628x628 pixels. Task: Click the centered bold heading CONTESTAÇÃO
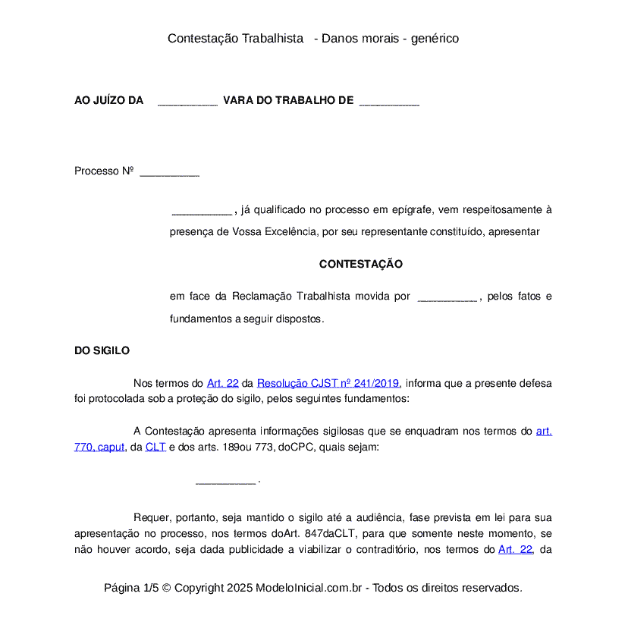click(x=360, y=265)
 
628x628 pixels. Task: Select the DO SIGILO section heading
click(x=102, y=351)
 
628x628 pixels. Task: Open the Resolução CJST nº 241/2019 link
click(x=328, y=384)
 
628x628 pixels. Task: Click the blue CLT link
click(x=155, y=447)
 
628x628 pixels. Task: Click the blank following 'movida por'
click(x=447, y=297)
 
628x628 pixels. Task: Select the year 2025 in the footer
click(x=240, y=588)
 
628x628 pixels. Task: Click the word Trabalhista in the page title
click(x=272, y=39)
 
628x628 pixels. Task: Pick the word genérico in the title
click(x=435, y=39)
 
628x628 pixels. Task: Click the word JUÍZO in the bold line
click(x=110, y=101)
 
